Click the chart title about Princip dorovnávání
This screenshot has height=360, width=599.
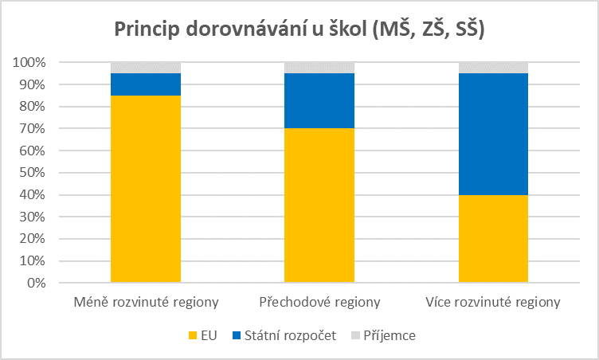[299, 29]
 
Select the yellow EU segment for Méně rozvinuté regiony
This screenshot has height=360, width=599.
[146, 189]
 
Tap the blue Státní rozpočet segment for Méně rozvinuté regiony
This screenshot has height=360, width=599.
[146, 84]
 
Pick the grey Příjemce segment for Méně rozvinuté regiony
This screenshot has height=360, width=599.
[146, 68]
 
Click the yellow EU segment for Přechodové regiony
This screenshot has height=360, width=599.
[319, 205]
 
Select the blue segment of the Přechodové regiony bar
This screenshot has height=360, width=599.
[319, 100]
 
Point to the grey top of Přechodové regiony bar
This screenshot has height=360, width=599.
[319, 68]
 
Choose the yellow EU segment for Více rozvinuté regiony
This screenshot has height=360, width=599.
[493, 238]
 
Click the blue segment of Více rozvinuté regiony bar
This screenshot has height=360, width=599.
[493, 134]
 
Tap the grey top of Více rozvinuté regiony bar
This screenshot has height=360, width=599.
[493, 68]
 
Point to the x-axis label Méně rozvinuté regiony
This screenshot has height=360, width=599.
[146, 303]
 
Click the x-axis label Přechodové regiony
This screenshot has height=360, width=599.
[319, 303]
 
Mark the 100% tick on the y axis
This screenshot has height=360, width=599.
[29, 62]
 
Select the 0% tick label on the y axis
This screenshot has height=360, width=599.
[36, 283]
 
